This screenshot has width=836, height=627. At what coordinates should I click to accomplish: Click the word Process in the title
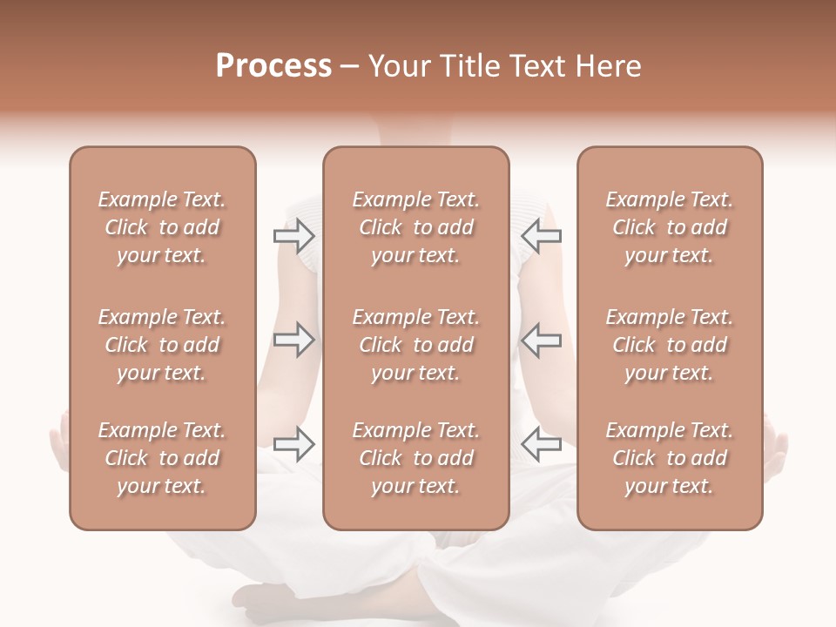click(273, 66)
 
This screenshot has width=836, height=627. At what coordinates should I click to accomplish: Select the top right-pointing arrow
click(293, 236)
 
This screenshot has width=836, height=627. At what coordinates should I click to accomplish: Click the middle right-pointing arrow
click(293, 340)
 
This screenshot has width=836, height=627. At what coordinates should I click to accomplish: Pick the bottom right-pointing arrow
click(293, 444)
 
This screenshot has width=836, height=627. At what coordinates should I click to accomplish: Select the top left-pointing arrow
click(541, 236)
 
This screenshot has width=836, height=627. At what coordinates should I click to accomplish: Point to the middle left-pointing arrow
click(541, 340)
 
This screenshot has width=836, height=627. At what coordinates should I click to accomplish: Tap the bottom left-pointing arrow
click(541, 444)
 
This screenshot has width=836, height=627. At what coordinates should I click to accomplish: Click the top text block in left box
click(162, 227)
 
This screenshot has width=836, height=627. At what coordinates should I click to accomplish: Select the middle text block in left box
click(162, 345)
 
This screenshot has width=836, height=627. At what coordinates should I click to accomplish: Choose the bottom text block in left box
click(162, 458)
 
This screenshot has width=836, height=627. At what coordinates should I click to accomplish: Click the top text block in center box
click(415, 227)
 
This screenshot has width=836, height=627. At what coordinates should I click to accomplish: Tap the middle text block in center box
click(415, 345)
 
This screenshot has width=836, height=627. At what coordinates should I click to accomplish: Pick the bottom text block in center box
click(415, 458)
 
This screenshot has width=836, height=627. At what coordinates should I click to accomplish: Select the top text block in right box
click(669, 227)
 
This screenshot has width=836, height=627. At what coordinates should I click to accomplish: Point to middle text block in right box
click(669, 345)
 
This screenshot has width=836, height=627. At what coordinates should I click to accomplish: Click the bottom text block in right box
click(669, 458)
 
